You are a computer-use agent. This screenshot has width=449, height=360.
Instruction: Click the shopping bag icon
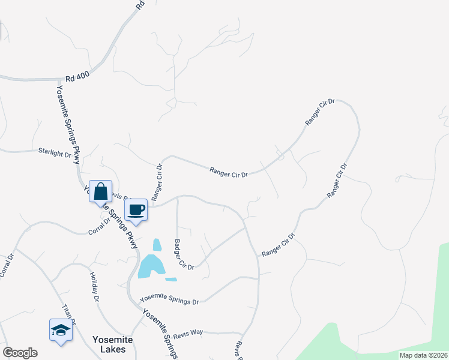(x=101, y=192)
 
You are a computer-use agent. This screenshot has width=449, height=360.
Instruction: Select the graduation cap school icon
(x=61, y=331)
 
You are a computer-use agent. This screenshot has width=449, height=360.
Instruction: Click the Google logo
(x=20, y=353)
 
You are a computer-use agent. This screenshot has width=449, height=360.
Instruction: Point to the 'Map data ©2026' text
(x=423, y=355)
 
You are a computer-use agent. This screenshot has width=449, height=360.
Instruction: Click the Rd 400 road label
(x=77, y=78)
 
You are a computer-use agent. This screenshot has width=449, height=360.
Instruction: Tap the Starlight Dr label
(x=55, y=153)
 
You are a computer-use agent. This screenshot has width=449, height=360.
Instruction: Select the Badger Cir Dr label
(x=184, y=254)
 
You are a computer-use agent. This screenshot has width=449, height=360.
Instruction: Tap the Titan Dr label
(x=69, y=314)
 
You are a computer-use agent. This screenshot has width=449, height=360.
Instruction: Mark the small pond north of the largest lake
(x=157, y=245)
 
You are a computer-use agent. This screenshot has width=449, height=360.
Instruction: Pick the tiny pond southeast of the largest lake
(x=171, y=279)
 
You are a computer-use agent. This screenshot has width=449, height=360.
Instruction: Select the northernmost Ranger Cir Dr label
(x=319, y=112)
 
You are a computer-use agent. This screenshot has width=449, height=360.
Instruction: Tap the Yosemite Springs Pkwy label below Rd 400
(x=68, y=124)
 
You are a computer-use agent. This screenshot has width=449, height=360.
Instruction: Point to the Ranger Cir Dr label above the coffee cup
(x=157, y=182)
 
